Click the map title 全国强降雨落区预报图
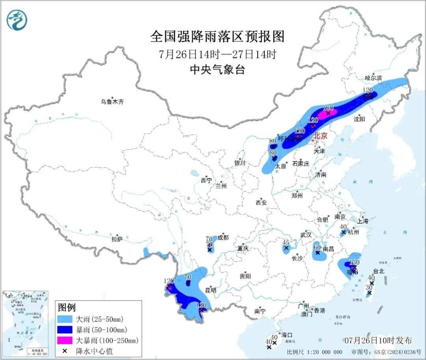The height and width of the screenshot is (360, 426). (x=217, y=37)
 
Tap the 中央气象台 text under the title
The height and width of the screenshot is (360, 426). (x=217, y=70)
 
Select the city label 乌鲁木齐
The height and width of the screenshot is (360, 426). (x=112, y=102)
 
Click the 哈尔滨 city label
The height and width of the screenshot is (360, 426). (x=373, y=78)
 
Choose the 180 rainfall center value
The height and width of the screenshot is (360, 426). (x=328, y=108)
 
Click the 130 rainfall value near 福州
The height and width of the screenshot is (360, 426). (x=354, y=262)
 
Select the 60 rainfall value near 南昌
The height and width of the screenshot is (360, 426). (x=317, y=247)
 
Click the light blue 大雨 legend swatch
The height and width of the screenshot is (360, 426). (x=68, y=319)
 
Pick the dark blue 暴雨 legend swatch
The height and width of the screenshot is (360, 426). (x=68, y=330)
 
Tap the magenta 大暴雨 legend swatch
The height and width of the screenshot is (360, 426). (x=68, y=340)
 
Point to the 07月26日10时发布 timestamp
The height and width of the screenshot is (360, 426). (x=377, y=340)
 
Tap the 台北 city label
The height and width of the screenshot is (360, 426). (x=378, y=271)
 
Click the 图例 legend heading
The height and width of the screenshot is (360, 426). (x=67, y=308)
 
